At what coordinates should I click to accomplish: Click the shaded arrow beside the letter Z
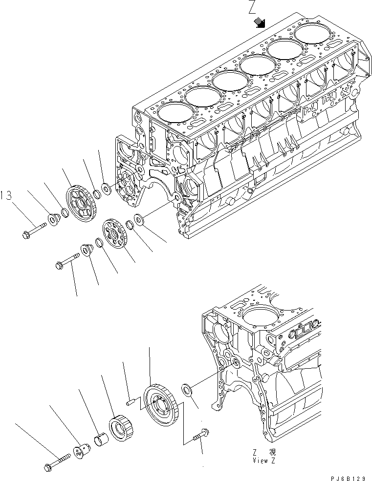click(x=260, y=22)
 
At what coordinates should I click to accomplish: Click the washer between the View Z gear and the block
click(x=186, y=390)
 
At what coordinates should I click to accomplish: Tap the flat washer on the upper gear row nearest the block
click(x=106, y=187)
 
